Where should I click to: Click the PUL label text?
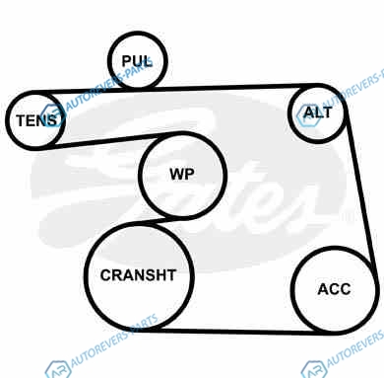coord(137,61)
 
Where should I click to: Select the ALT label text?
coord(318,113)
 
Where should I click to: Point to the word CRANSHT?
coord(138,275)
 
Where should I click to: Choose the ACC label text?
coord(334,289)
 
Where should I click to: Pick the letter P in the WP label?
coord(190,174)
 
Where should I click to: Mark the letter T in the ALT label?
coord(327,113)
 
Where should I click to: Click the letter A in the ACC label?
coord(323,289)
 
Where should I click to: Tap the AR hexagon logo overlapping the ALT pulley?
coord(308,116)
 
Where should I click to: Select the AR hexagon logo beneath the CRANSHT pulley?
coord(58,369)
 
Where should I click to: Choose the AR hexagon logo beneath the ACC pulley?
coord(314,369)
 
